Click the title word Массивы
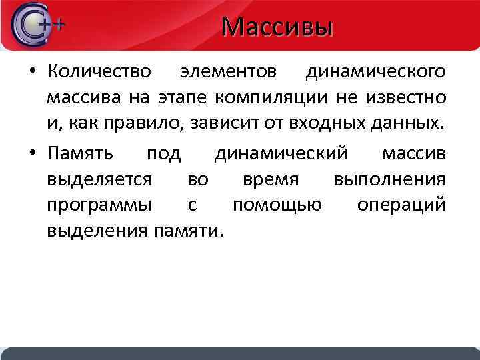277,27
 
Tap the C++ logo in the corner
37,26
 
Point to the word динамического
376,71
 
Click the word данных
407,123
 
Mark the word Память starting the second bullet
80,154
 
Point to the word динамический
281,154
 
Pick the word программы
100,205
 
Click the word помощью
277,205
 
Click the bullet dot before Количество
31,72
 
